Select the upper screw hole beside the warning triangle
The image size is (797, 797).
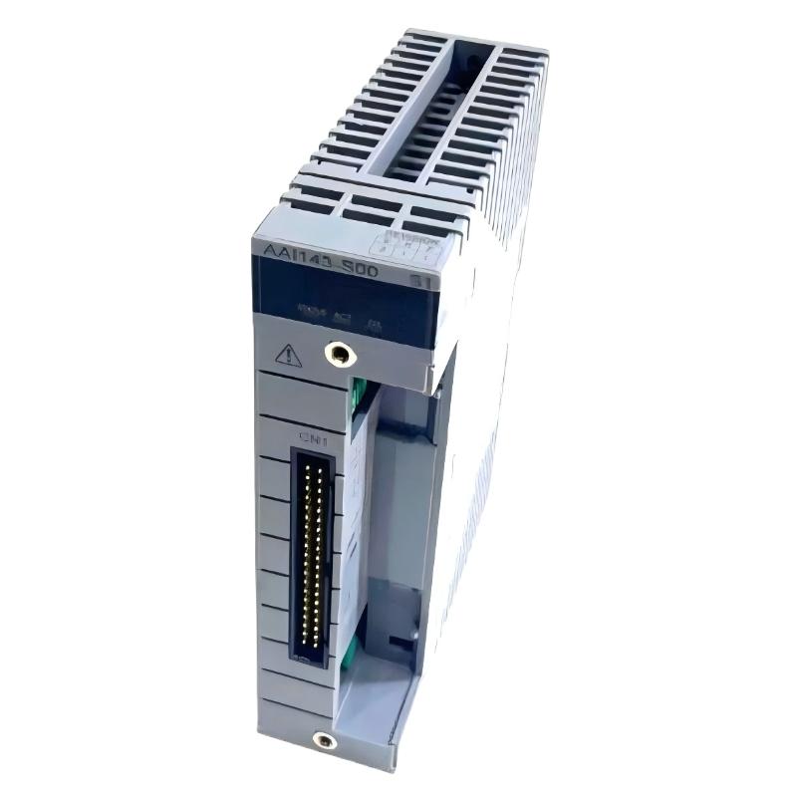341,352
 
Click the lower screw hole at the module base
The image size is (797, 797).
323,739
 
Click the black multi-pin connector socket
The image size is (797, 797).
313,553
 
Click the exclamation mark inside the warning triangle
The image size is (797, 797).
288,356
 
